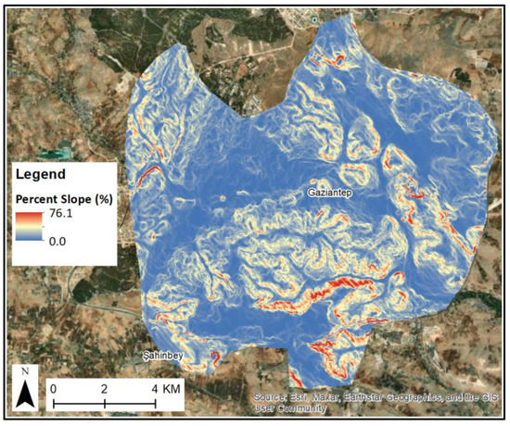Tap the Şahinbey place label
160,356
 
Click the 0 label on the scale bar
55,387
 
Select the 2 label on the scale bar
104,387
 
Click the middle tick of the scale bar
104,404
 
